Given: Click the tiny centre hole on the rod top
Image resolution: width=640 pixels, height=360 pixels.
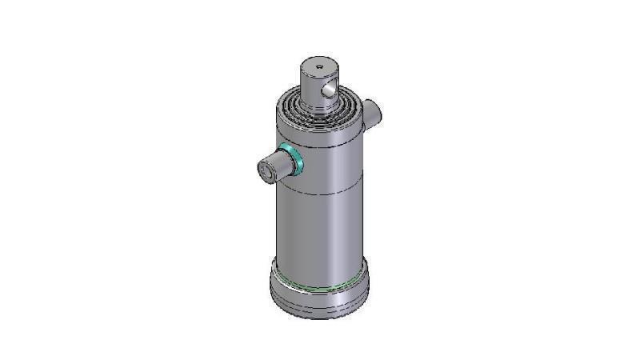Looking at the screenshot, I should [318, 66].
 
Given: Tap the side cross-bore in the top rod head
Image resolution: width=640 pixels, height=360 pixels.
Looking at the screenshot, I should [328, 92].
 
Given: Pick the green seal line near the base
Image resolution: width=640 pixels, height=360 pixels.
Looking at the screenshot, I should [320, 287].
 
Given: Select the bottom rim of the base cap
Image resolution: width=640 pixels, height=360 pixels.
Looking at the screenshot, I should [320, 315].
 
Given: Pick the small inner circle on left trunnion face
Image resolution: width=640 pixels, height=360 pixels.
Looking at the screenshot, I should [263, 171].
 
